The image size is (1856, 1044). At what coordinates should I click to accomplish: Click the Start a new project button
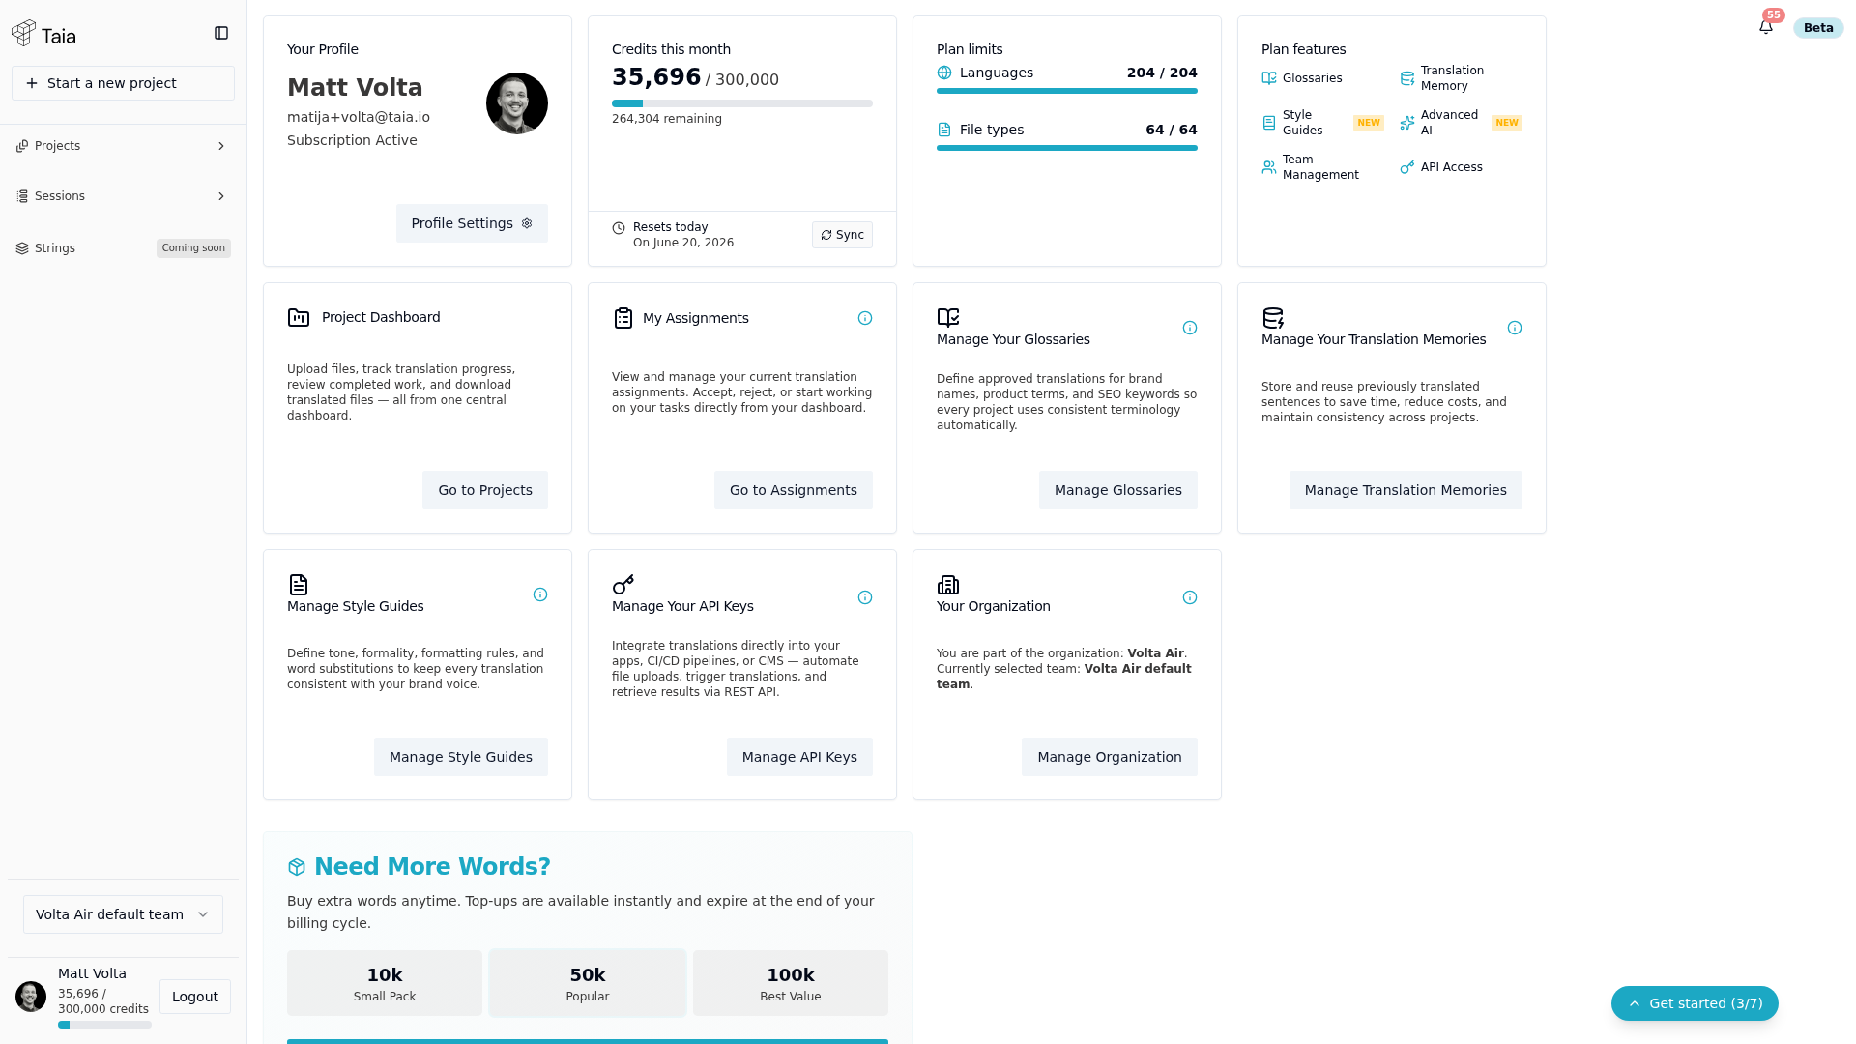pos(123,83)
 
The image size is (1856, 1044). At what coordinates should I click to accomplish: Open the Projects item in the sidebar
pos(123,146)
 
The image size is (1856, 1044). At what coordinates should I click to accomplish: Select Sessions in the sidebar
pos(123,196)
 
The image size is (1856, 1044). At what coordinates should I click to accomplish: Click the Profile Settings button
pos(472,223)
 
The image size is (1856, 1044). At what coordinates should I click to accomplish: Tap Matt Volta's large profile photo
pos(517,103)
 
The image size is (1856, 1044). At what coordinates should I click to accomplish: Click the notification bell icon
pos(1766,27)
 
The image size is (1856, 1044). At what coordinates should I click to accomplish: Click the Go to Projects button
pos(485,490)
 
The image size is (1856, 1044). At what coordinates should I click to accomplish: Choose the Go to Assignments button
pos(794,490)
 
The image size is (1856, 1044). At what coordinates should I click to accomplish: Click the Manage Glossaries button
pos(1118,490)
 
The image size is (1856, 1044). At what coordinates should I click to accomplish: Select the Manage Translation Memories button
pos(1406,490)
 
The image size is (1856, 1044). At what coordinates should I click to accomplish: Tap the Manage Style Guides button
pos(461,757)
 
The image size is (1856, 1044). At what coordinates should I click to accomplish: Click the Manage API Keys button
pos(799,757)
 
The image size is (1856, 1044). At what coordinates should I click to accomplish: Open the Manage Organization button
pos(1110,757)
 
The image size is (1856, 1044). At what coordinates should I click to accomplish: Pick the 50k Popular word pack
pos(588,983)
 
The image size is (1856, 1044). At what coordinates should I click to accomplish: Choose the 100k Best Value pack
pos(791,983)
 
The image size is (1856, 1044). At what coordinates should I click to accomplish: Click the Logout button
pos(195,997)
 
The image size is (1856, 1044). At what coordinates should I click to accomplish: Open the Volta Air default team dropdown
pos(123,914)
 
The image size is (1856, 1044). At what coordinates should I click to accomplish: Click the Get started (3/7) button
pos(1695,1003)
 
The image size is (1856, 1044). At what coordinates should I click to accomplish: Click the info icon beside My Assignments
pos(865,318)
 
